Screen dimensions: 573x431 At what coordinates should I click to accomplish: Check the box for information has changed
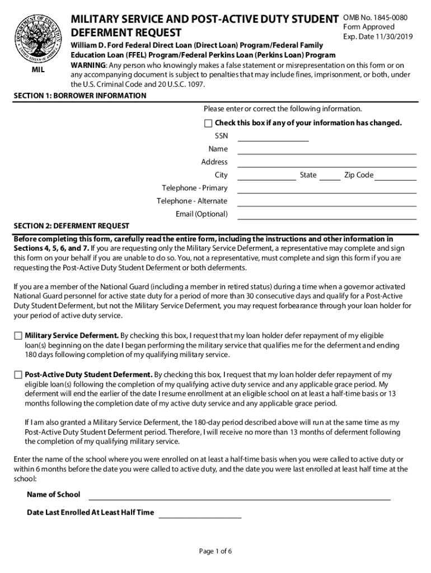click(208, 123)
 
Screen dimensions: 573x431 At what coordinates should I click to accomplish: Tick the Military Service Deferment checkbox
click(18, 336)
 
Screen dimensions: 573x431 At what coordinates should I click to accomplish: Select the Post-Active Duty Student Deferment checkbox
click(18, 375)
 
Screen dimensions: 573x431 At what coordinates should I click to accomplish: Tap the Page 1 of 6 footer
click(215, 551)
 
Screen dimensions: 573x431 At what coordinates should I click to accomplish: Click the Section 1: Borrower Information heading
click(80, 96)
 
